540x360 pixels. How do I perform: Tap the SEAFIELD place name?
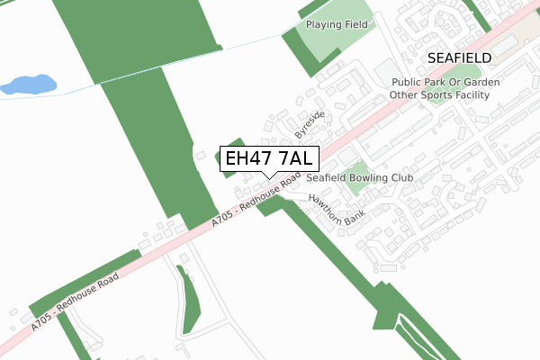click(x=459, y=57)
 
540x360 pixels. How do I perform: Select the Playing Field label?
click(x=337, y=24)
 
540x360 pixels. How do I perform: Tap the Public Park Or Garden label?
click(x=445, y=81)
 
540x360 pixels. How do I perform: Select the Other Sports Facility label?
click(x=445, y=94)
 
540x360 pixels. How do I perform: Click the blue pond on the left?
click(x=27, y=85)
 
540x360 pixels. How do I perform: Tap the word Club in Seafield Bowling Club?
click(x=399, y=178)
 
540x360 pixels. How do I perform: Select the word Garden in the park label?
click(x=482, y=81)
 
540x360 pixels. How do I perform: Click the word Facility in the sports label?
click(x=481, y=94)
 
